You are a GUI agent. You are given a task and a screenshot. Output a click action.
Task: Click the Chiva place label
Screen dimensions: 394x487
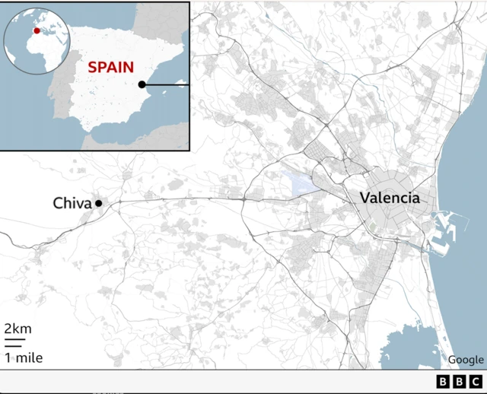pyautogui.click(x=72, y=203)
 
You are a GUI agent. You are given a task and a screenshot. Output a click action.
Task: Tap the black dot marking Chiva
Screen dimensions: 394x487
pyautogui.click(x=98, y=203)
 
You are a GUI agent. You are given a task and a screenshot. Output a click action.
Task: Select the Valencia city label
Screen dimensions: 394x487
pyautogui.click(x=390, y=198)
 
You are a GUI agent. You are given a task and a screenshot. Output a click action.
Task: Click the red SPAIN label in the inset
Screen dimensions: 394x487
pyautogui.click(x=110, y=67)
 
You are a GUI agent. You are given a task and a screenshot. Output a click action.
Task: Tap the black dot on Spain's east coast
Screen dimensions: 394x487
pyautogui.click(x=142, y=84)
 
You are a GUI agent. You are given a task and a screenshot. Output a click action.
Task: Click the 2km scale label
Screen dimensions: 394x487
pyautogui.click(x=18, y=329)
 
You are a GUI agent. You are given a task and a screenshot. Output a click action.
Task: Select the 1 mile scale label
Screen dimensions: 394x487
pyautogui.click(x=24, y=357)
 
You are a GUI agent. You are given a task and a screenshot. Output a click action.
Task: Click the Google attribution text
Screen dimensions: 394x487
pyautogui.click(x=466, y=360)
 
